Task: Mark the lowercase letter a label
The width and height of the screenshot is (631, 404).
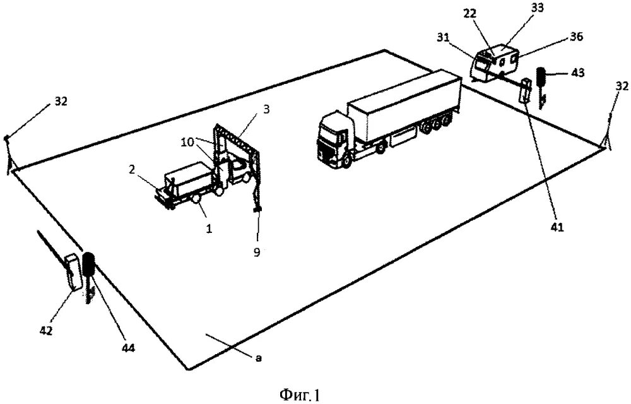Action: (x=258, y=358)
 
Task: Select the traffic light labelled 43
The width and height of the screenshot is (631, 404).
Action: (x=541, y=78)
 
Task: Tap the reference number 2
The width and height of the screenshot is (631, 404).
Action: (x=131, y=170)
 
